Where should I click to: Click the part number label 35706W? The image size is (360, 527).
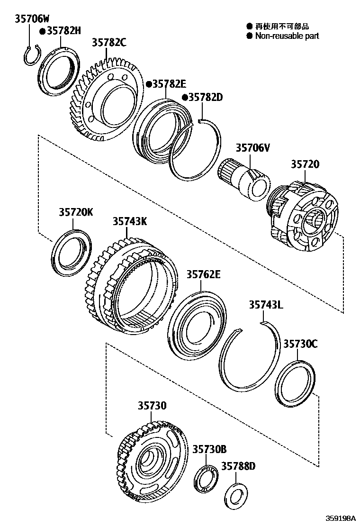32,19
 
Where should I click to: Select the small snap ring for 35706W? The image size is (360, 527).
31,55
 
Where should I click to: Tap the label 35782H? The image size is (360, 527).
63,31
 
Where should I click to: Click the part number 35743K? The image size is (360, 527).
130,221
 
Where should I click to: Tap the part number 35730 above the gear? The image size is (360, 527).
153,406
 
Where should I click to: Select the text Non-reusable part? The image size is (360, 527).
287,36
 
